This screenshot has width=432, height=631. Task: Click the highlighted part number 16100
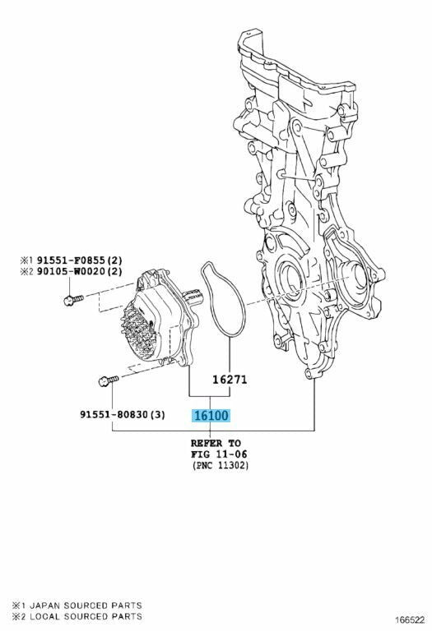pos(211,415)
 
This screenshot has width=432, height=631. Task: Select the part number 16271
pos(230,380)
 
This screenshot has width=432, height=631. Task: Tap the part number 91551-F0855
pos(71,260)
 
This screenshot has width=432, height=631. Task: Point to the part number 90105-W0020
pos(71,271)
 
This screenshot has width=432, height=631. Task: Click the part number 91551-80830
pos(114,414)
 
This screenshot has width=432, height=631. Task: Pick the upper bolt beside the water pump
pos(73,299)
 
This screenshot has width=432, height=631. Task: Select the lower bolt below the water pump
pos(108,380)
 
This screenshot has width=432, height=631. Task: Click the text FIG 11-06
pos(219,454)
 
